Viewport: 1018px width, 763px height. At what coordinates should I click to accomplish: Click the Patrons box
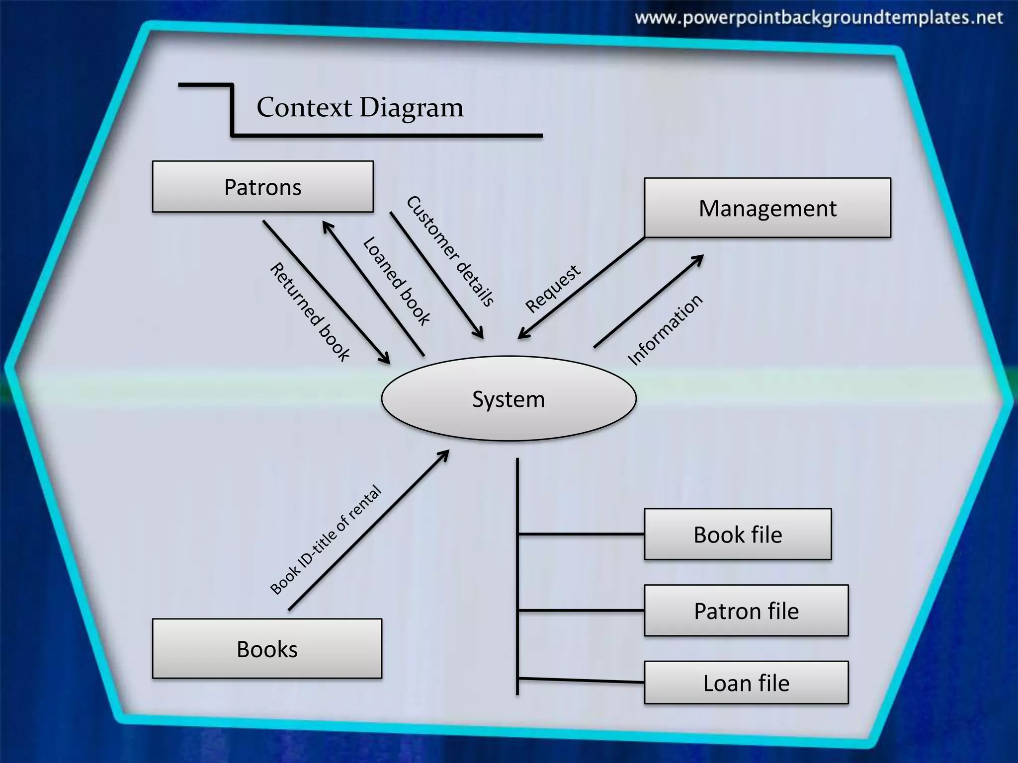[x=262, y=187]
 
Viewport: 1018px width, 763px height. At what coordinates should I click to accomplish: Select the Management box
[x=767, y=208]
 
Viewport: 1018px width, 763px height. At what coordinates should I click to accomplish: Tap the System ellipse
[x=509, y=399]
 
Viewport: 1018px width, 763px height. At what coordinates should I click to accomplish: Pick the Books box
[x=267, y=649]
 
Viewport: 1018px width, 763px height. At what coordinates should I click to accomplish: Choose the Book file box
[x=738, y=534]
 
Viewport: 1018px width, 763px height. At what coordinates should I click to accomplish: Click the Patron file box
[x=746, y=610]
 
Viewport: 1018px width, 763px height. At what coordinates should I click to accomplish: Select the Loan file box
[x=746, y=683]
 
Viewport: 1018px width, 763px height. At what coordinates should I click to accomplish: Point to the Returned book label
[x=310, y=311]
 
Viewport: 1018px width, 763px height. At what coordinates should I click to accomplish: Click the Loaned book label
[x=396, y=281]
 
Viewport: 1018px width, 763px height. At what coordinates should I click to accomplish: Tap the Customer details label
[x=450, y=251]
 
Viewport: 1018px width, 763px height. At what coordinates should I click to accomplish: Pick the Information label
[x=665, y=330]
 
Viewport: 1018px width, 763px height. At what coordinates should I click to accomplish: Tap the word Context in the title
[x=304, y=107]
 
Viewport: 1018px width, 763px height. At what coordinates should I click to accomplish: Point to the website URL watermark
[x=819, y=18]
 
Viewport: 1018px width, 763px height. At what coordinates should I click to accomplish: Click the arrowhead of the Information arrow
[x=699, y=258]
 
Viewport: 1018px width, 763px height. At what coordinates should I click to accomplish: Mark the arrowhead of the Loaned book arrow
[x=327, y=226]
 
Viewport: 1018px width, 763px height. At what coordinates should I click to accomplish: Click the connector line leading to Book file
[x=581, y=534]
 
